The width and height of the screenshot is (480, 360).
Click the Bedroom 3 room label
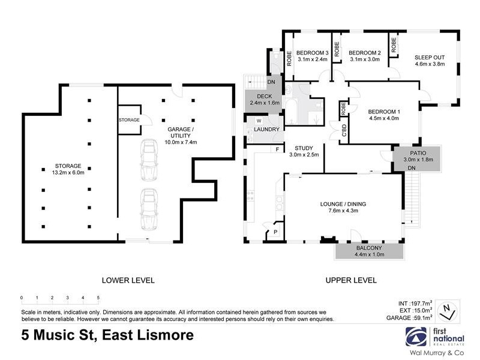(312, 53)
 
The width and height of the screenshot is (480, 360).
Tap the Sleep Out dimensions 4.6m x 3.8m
(430, 64)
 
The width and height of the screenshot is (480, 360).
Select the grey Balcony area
(369, 251)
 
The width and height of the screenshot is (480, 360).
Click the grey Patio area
(417, 158)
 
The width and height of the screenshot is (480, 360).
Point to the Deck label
(265, 96)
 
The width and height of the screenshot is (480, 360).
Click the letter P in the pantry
(275, 232)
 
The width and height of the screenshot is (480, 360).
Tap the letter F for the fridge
(277, 149)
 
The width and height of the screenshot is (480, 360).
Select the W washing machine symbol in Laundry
(259, 121)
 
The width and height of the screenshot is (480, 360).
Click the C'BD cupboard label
(344, 130)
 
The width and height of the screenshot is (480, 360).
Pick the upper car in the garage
(149, 160)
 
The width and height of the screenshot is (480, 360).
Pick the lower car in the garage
(149, 209)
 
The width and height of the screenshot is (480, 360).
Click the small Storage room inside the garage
(130, 119)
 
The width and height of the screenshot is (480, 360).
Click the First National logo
(434, 337)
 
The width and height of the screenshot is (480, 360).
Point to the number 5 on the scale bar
(98, 298)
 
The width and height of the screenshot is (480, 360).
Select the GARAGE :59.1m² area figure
(409, 318)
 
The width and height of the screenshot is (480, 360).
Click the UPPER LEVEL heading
(351, 280)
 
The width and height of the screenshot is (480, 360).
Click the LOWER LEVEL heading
(128, 280)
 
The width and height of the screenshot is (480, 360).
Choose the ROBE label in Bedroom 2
(337, 49)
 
